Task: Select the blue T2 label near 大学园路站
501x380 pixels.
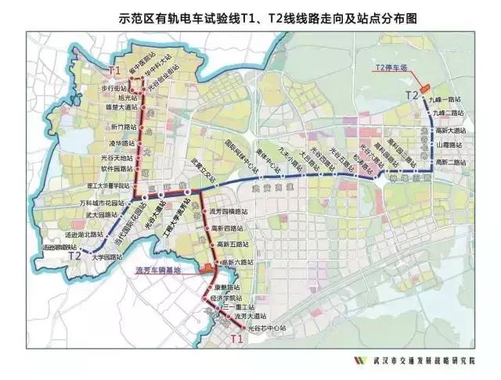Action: [x=76, y=255]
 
